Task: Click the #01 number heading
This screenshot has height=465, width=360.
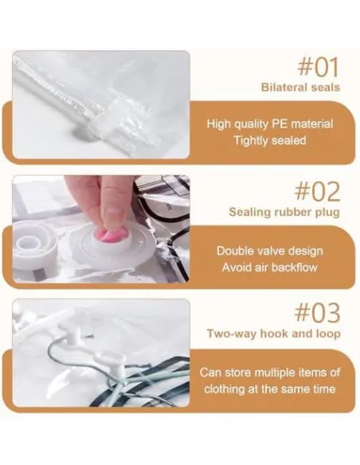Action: tap(319, 68)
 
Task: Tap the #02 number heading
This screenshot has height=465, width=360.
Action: tap(317, 192)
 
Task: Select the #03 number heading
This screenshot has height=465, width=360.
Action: tap(317, 313)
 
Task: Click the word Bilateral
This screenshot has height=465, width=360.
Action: tap(284, 88)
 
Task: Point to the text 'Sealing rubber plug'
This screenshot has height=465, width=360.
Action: tap(284, 213)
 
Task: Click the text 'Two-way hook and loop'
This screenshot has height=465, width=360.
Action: tap(274, 334)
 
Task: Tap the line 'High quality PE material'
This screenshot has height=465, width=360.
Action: tap(270, 124)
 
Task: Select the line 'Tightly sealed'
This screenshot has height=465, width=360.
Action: tap(270, 140)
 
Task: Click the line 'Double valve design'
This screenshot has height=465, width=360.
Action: tap(270, 251)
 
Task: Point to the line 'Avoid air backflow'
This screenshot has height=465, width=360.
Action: tap(270, 268)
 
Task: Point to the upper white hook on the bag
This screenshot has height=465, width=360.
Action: tap(68, 334)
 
